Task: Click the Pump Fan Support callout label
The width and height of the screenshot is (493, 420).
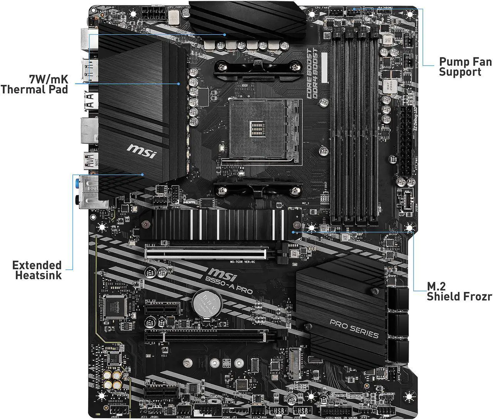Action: [x=465, y=67]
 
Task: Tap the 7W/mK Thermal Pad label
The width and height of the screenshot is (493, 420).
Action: [x=35, y=84]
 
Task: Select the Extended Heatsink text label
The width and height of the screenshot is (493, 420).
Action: [x=37, y=270]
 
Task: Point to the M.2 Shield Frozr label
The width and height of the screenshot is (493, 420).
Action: [x=459, y=291]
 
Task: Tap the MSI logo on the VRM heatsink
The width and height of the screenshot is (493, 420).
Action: [x=141, y=152]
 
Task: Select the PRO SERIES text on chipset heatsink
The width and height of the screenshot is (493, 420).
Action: [x=354, y=329]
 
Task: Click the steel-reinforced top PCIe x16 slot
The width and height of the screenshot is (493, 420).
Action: [x=205, y=253]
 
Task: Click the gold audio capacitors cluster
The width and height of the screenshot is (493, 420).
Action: [x=114, y=380]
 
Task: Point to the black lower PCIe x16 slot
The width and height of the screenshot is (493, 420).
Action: [x=205, y=336]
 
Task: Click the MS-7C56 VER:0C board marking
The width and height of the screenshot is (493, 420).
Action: [x=243, y=262]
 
